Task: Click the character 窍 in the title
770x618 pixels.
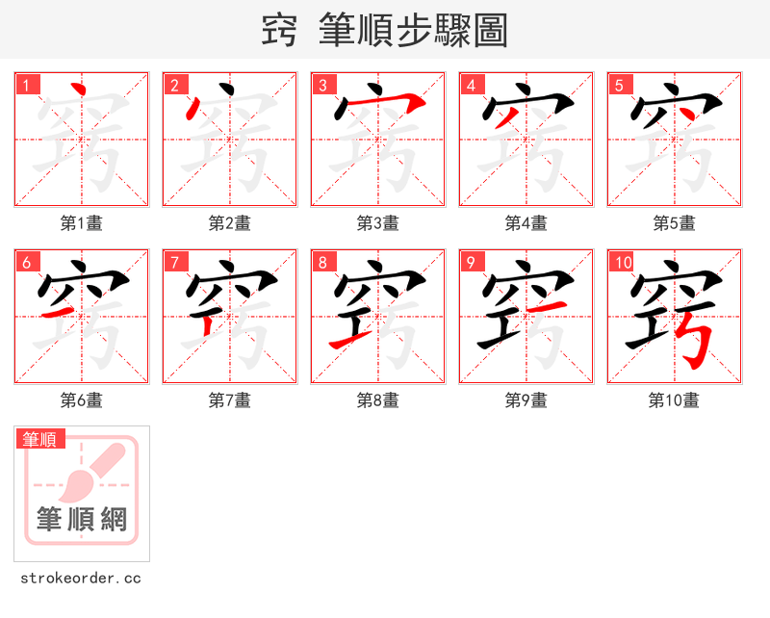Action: point(279,31)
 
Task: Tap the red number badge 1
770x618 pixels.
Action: point(28,85)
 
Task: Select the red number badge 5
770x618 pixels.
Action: point(621,85)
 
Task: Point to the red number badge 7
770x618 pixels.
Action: point(176,262)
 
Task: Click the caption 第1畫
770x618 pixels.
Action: point(81,223)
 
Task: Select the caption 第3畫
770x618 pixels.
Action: point(377,223)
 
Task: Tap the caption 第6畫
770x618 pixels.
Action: point(81,400)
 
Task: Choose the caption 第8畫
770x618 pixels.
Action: point(377,400)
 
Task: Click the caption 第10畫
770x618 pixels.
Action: point(674,400)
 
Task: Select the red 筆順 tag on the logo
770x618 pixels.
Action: point(40,439)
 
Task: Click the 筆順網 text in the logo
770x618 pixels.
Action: point(82,520)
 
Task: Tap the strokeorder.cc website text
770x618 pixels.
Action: point(81,579)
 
